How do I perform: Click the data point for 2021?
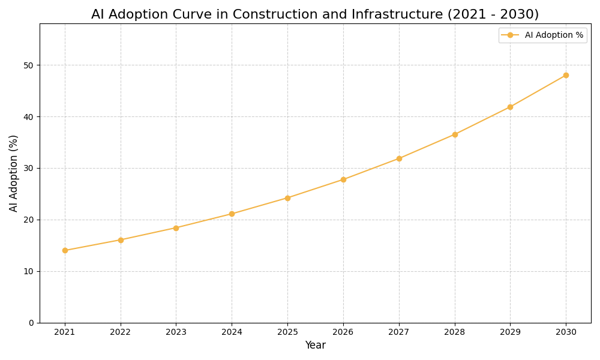point(65,250)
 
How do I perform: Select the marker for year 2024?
point(232,214)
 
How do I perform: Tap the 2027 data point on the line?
point(399,158)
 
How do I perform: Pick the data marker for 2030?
point(566,75)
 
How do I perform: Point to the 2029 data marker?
point(510,107)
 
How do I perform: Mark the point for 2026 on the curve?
point(343,179)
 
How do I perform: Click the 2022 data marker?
point(121,240)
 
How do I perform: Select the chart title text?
point(315,14)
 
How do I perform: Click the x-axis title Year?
point(315,346)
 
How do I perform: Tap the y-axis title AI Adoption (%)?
point(14,173)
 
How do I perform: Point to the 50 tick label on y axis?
point(28,65)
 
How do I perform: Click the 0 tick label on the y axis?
point(31,323)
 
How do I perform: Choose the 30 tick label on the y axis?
point(28,168)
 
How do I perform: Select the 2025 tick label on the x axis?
point(287,332)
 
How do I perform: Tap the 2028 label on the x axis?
point(455,332)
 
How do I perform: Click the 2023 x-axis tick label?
point(176,332)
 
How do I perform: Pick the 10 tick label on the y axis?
point(28,271)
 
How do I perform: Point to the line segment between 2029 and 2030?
point(538,91)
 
